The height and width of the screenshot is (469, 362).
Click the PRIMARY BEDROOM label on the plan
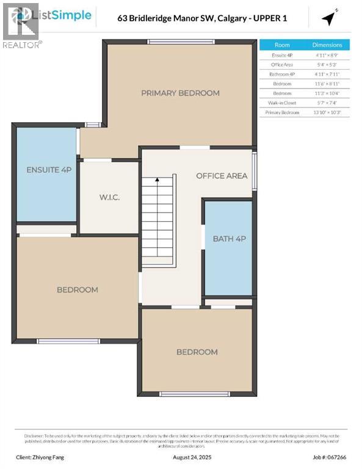click(180, 93)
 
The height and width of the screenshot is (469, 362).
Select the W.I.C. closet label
click(109, 197)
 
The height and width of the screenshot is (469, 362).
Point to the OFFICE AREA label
click(222, 176)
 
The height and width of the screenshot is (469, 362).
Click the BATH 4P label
click(229, 239)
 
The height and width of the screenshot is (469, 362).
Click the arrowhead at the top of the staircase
click(157, 180)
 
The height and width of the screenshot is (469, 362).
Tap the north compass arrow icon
click(330, 18)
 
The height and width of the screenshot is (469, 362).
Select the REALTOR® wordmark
click(22, 45)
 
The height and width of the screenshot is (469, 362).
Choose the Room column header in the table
click(282, 45)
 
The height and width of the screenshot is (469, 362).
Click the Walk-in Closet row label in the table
click(282, 103)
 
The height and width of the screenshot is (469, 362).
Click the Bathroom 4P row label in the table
click(282, 74)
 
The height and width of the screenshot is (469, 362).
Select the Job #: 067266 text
click(329, 456)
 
